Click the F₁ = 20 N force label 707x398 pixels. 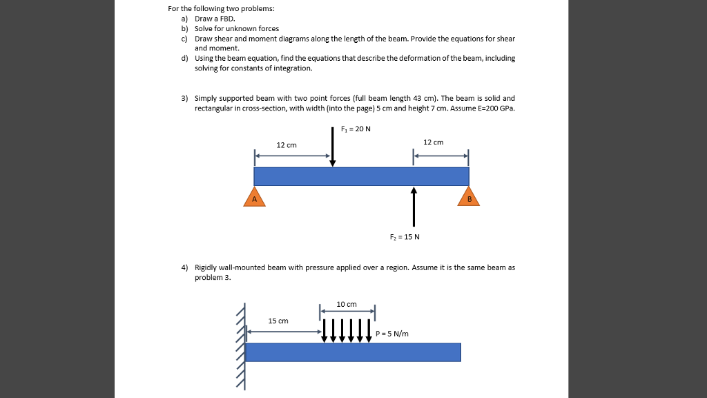pos(356,129)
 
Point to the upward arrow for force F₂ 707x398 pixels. pos(414,206)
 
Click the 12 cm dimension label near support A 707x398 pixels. pos(286,145)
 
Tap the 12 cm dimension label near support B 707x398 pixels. pos(433,142)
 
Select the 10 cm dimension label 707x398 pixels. pos(347,304)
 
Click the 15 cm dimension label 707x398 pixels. pos(278,321)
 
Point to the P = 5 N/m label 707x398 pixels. pos(392,334)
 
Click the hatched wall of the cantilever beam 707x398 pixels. pos(240,345)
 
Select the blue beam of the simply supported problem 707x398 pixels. pos(361,176)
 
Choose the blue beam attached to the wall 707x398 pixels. pos(353,352)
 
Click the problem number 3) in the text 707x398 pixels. pos(185,99)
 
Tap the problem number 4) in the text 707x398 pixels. pos(185,267)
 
